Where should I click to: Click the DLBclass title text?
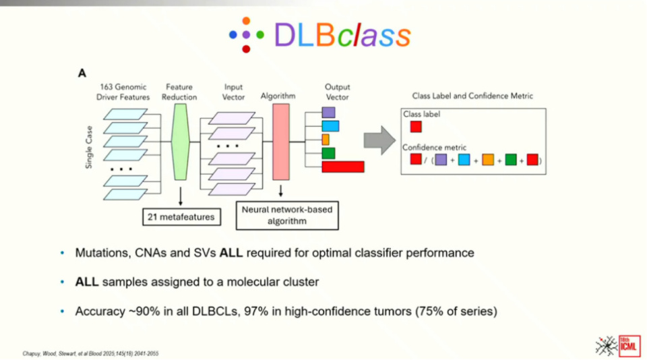coord(342,34)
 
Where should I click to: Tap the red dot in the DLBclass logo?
coord(246,49)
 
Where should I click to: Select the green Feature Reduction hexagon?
coord(180,142)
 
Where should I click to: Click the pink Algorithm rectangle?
coord(281,141)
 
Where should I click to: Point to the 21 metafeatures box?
coord(181,216)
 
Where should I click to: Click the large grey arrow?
coord(379,140)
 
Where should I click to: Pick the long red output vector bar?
coord(342,167)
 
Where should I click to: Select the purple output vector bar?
coord(328,113)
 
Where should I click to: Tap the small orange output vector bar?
coord(326,140)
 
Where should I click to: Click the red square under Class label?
coord(416,127)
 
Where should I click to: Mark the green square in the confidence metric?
coord(511,160)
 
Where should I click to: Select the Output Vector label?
coord(338,92)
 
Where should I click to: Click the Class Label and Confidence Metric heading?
coord(472,96)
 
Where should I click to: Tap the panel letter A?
coord(82,73)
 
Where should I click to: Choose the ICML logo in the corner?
coord(618,344)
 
